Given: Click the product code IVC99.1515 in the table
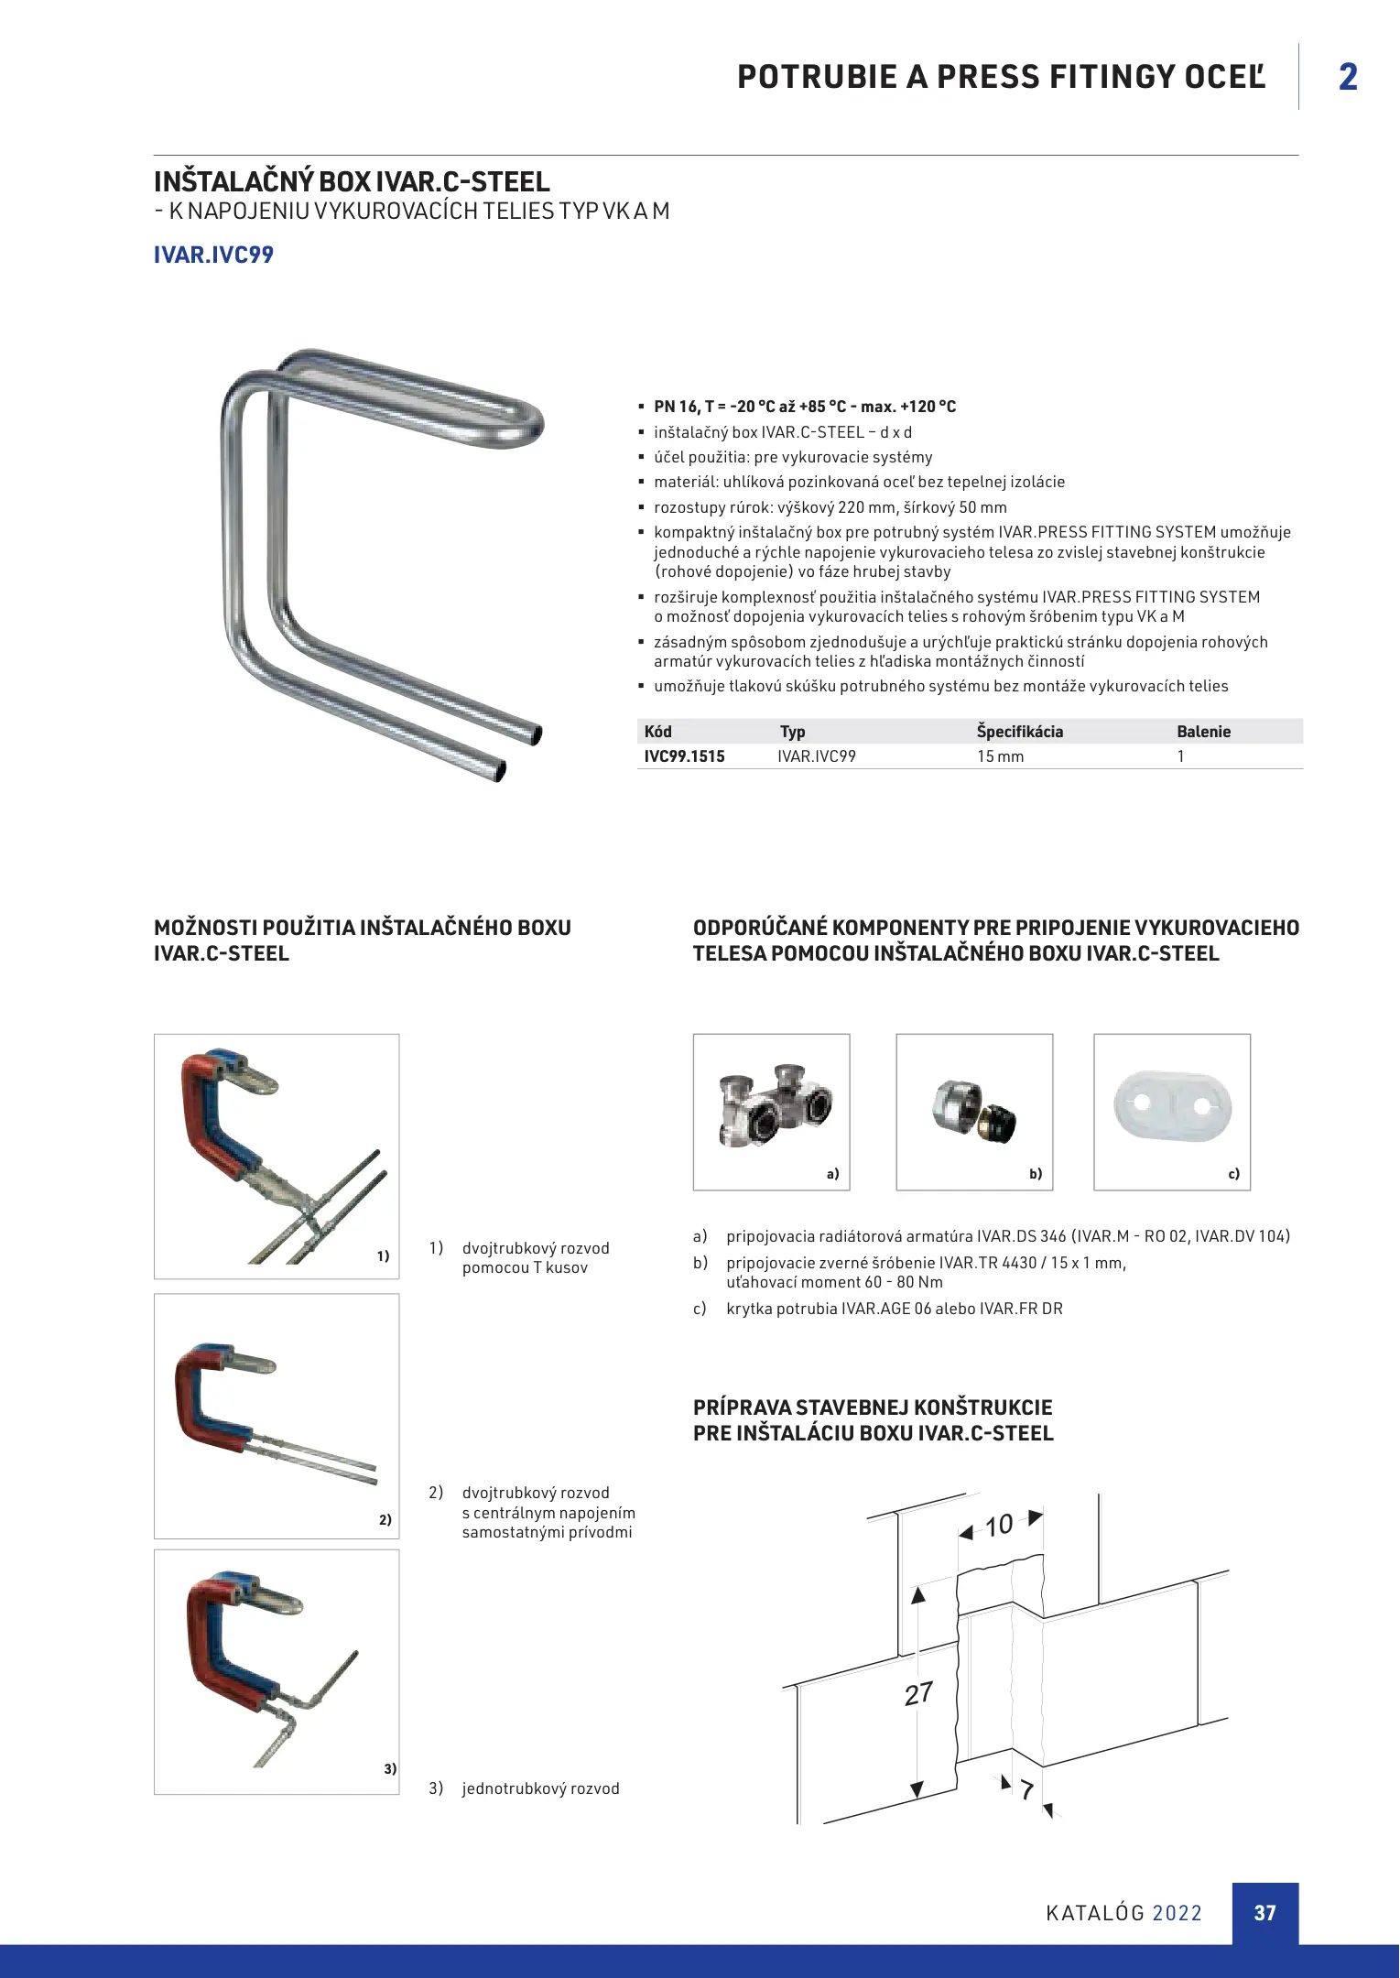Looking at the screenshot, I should (684, 756).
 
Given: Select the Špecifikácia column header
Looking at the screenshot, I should (1019, 732).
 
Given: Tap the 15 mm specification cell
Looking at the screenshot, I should (1000, 756).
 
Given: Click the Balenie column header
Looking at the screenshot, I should (1203, 732).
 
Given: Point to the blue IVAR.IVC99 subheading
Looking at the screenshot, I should (213, 255).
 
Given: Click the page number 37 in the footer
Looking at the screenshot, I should (1264, 1913).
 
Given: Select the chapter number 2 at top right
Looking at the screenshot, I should (1348, 77).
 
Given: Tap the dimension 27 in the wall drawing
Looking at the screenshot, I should (918, 1694).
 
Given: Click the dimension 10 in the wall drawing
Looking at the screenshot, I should (999, 1526).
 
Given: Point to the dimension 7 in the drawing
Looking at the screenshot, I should (1026, 1789).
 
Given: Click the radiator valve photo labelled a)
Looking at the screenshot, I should (771, 1112).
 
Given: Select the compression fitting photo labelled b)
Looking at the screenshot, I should (974, 1112).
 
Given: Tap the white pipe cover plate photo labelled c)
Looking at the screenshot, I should (1172, 1112).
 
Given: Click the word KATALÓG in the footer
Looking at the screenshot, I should (1095, 1913).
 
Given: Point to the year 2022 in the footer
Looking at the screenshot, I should (1177, 1913).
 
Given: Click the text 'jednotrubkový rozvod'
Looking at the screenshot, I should (540, 1788).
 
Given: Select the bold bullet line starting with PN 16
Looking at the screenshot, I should (804, 407).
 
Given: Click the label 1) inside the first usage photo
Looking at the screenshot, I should (383, 1256).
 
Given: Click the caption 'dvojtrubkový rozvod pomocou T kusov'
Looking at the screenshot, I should (535, 1257).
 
